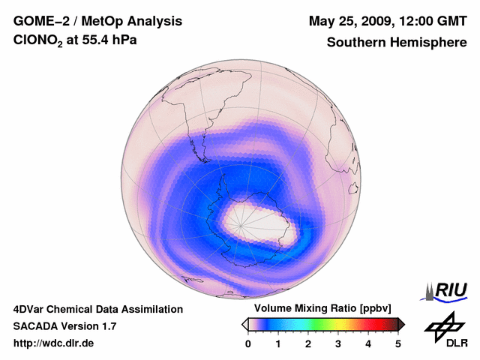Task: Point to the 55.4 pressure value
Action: [94, 43]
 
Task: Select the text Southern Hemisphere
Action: [396, 43]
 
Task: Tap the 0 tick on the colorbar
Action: [248, 343]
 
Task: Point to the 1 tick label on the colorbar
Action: [278, 343]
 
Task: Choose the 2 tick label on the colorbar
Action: [308, 343]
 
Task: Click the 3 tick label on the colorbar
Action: [338, 343]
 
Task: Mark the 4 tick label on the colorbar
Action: [368, 343]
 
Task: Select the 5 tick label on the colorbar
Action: [398, 343]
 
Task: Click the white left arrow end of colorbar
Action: [244, 324]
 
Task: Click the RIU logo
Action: [446, 291]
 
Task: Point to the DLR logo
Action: [445, 330]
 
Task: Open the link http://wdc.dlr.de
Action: [53, 343]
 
